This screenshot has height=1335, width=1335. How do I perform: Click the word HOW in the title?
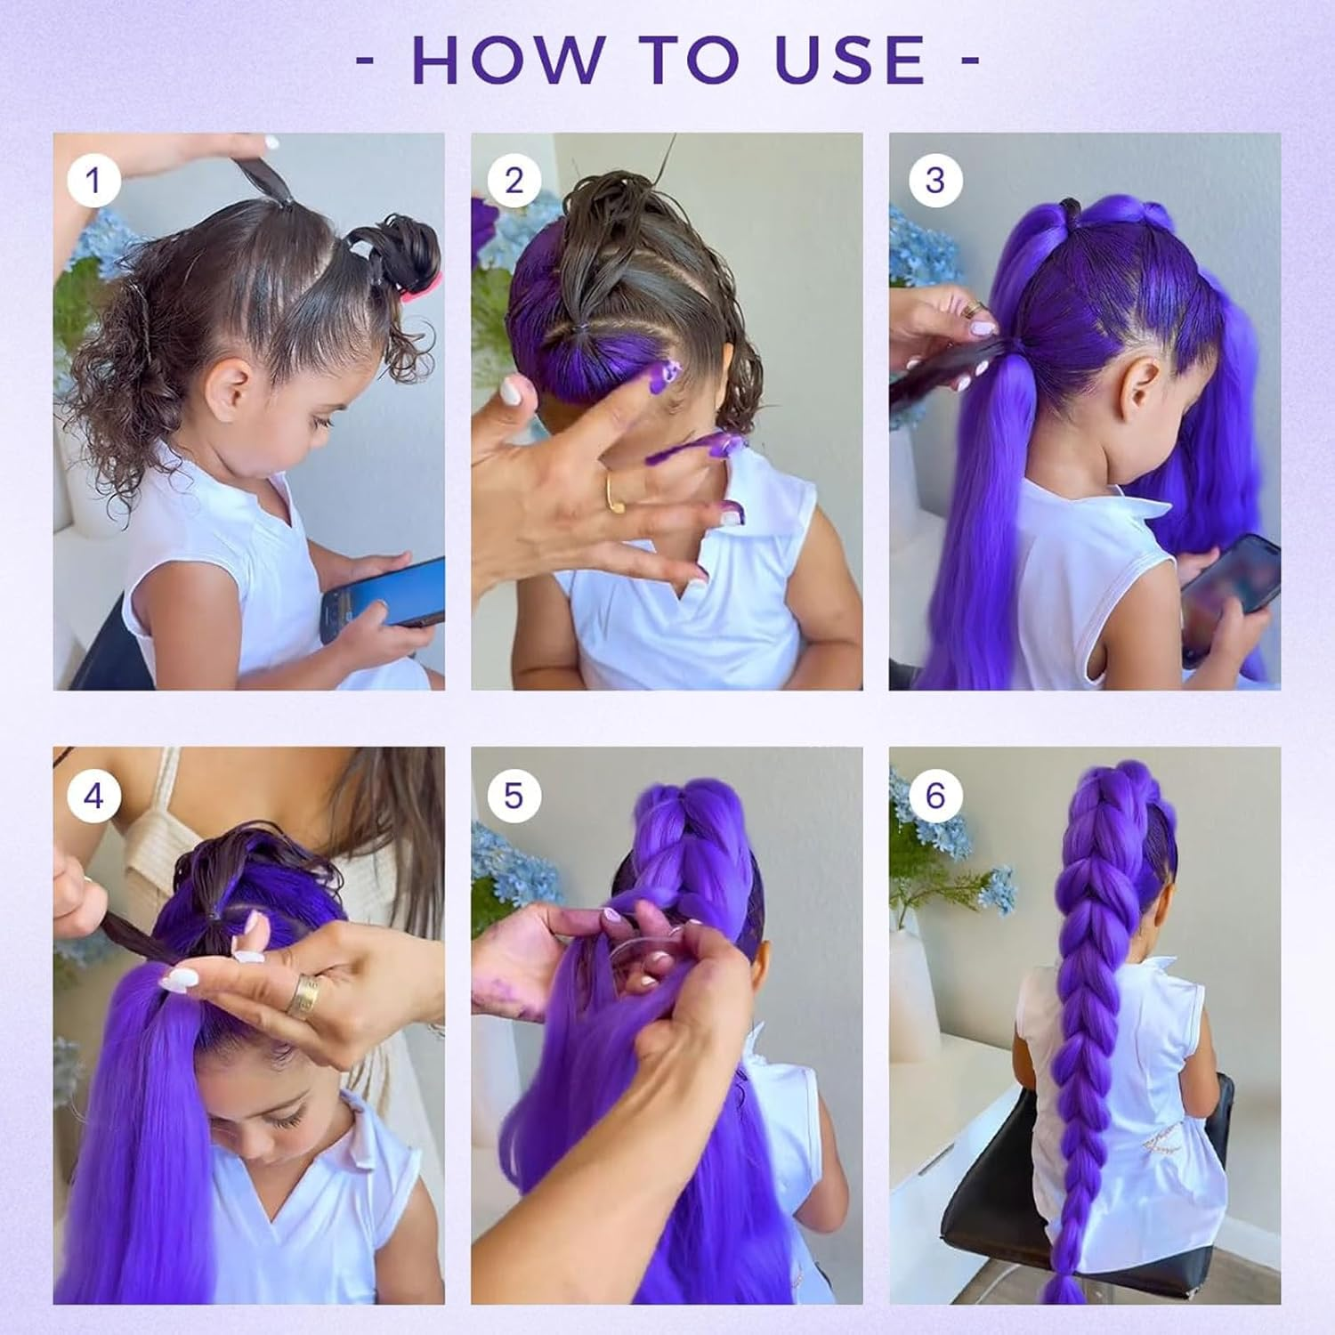pos(506,60)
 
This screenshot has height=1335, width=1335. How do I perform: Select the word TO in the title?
pos(691,60)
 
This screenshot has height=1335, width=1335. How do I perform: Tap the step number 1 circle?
pos(93,181)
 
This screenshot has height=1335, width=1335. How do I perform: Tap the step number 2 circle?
pos(514,181)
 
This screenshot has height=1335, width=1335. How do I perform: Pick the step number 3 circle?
pos(934,181)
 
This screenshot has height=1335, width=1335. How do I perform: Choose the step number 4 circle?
pos(93,795)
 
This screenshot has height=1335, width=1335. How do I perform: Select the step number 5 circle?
pos(514,795)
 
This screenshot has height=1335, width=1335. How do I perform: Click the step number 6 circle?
pos(934,795)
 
